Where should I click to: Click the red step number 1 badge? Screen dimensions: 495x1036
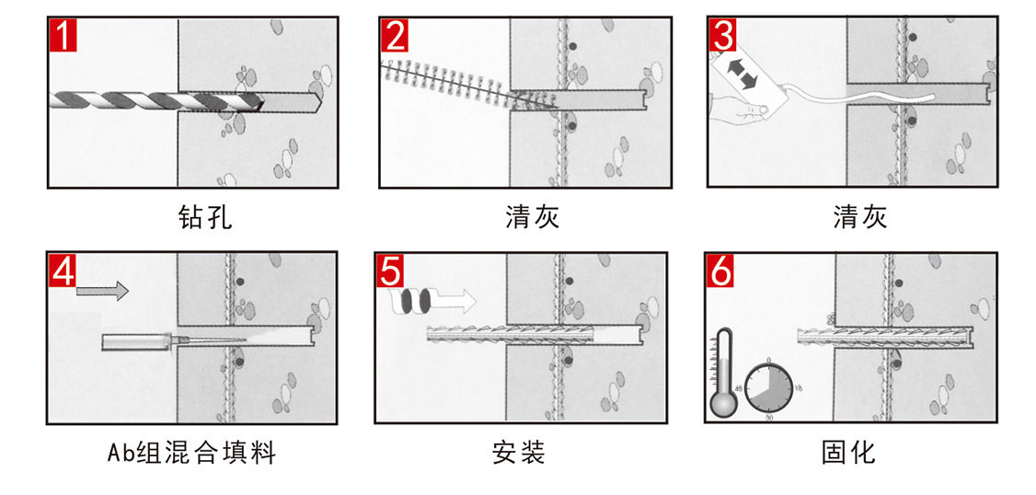coord(63,36)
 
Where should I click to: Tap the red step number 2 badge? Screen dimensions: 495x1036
coord(395,36)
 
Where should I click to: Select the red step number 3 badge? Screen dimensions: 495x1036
coord(723,36)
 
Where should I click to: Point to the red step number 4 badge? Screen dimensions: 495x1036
coord(63,271)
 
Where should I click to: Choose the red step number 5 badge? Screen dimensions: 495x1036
coord(390,271)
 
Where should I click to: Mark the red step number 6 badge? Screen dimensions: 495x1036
coord(720,271)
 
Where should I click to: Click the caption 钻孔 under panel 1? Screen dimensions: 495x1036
coord(204,217)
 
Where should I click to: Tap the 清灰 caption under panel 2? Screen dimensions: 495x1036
coord(532,217)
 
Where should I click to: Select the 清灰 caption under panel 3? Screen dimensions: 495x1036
coord(859,217)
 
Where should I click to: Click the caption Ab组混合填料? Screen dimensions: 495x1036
coord(190,453)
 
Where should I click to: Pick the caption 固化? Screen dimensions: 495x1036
coord(847,453)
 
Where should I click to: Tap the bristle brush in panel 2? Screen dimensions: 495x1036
coord(451,82)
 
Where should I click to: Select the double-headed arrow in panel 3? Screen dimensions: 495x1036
coord(742,74)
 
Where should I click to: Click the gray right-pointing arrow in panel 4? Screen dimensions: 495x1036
coord(102,291)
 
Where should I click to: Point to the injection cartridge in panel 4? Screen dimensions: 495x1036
coord(138,342)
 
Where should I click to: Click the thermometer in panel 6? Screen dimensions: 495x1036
coord(723,377)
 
